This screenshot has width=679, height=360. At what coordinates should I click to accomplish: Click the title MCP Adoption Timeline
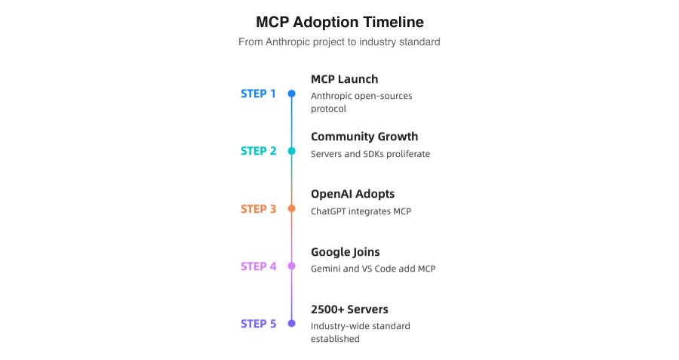tap(339, 21)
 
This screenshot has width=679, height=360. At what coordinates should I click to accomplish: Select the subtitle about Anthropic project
tap(339, 42)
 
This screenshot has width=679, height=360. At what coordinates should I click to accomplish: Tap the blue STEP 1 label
tap(258, 94)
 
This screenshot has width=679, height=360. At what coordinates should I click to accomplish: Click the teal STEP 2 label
tap(258, 151)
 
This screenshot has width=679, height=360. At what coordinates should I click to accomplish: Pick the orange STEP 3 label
tap(258, 209)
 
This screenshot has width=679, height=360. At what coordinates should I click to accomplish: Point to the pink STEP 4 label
tap(258, 266)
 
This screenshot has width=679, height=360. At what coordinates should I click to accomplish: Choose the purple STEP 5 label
tap(258, 324)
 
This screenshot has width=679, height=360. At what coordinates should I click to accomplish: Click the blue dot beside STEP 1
tap(292, 94)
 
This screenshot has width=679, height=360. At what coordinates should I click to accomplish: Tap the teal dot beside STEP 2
tap(292, 151)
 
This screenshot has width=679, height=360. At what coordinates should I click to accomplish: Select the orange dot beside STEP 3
tap(292, 209)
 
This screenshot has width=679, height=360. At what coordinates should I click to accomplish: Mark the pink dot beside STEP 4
tap(292, 266)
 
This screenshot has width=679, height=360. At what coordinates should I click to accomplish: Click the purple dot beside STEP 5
tap(292, 324)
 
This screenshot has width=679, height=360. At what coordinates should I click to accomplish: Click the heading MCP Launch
tap(344, 79)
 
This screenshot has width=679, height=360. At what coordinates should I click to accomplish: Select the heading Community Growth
tap(364, 137)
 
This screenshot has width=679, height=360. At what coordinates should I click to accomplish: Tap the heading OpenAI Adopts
tap(352, 194)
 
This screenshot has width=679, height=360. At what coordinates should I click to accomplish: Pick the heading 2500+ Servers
tap(349, 309)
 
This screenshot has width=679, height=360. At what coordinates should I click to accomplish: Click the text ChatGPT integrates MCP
tap(361, 211)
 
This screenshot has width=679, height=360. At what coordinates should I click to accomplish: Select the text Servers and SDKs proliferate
tap(370, 154)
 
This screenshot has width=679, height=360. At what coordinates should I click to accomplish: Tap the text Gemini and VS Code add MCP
tap(373, 269)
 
